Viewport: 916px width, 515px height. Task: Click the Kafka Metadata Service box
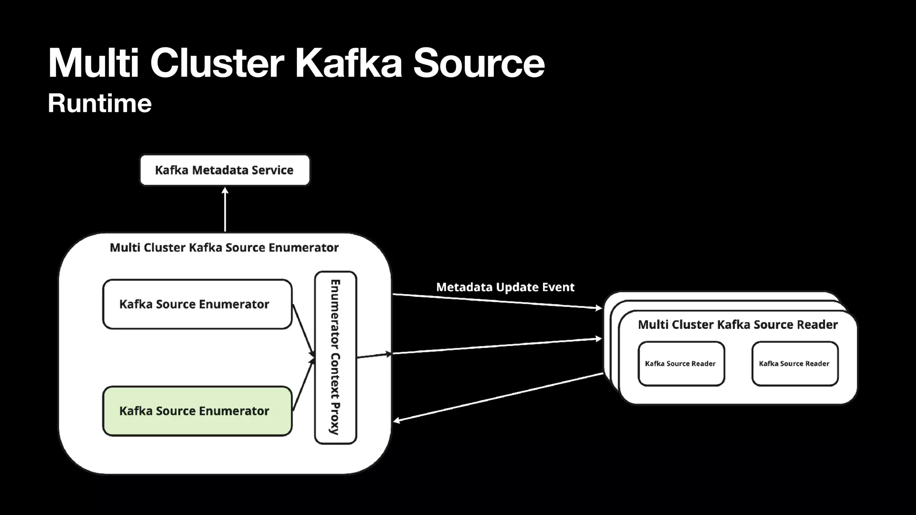pyautogui.click(x=225, y=170)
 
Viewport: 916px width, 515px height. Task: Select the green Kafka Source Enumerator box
pyautogui.click(x=197, y=411)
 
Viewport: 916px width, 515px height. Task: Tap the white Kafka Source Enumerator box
pyautogui.click(x=197, y=304)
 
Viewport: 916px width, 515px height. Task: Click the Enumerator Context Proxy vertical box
pyautogui.click(x=335, y=357)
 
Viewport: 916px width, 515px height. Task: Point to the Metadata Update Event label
pyautogui.click(x=505, y=287)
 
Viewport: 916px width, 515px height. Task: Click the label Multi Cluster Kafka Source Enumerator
pyautogui.click(x=224, y=247)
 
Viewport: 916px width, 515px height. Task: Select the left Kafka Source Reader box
pyautogui.click(x=681, y=363)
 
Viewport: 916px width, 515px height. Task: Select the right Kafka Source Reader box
pyautogui.click(x=794, y=363)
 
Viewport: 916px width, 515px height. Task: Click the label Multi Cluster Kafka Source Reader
pyautogui.click(x=738, y=325)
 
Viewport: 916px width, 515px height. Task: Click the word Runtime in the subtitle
pyautogui.click(x=100, y=103)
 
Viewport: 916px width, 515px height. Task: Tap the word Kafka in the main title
pyautogui.click(x=348, y=63)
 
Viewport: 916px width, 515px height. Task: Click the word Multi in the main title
pyautogui.click(x=93, y=63)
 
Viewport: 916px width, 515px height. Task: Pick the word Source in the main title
pyautogui.click(x=479, y=63)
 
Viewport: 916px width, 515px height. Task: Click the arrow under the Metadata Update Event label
pyautogui.click(x=496, y=301)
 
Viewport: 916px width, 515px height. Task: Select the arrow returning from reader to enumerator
pyautogui.click(x=496, y=397)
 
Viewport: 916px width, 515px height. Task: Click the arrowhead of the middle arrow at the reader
pyautogui.click(x=599, y=339)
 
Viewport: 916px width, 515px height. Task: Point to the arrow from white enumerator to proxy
pyautogui.click(x=303, y=329)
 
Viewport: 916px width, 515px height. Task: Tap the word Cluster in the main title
pyautogui.click(x=217, y=63)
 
